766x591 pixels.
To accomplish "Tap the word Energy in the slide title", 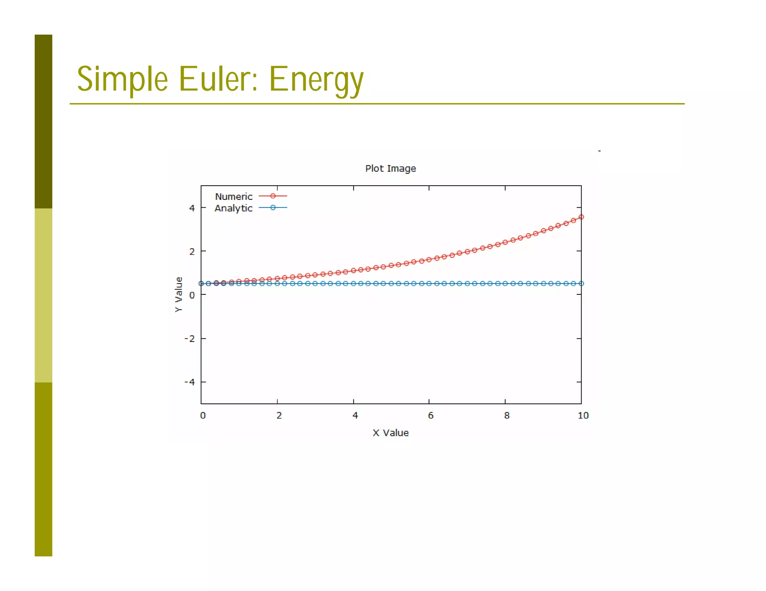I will (316, 80).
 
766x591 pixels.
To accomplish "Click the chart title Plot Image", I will (390, 168).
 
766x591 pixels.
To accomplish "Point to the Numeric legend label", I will (234, 197).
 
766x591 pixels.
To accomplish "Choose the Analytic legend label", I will (233, 208).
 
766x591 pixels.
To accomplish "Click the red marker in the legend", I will (273, 196).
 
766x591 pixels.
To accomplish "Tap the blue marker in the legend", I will (273, 208).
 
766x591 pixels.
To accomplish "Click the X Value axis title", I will (390, 433).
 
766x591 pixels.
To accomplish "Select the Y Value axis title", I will (179, 294).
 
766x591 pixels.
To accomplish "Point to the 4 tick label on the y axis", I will (192, 208).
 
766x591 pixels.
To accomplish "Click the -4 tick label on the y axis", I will (190, 382).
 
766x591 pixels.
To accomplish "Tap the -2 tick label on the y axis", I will (190, 339).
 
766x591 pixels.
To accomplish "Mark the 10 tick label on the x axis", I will (583, 415).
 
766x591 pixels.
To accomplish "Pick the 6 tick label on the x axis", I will (431, 415).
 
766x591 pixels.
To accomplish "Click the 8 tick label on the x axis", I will (507, 415).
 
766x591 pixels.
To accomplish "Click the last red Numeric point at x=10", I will (581, 217).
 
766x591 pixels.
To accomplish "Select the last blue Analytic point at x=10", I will (581, 284).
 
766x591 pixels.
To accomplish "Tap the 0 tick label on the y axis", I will (192, 295).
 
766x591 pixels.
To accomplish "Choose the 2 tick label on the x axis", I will (279, 415).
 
